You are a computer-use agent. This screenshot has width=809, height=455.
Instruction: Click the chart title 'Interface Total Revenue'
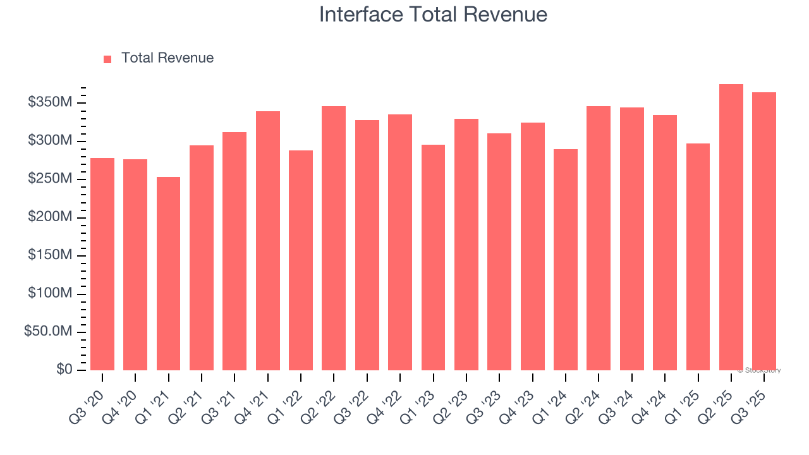(x=433, y=15)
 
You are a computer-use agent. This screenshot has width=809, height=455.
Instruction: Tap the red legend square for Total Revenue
(x=107, y=59)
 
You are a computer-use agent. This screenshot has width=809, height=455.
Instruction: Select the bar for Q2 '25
(x=731, y=227)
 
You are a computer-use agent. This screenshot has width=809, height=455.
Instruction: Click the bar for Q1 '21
(x=168, y=274)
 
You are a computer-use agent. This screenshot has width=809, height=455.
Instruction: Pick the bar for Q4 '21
(x=268, y=241)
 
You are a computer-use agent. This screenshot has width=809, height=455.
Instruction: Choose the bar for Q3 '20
(x=102, y=264)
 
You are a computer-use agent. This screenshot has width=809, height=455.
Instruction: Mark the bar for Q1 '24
(x=566, y=260)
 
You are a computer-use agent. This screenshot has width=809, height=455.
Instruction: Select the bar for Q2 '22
(x=334, y=238)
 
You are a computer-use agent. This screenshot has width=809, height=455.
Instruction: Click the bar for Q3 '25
(x=764, y=231)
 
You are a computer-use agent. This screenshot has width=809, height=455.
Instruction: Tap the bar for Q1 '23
(x=433, y=257)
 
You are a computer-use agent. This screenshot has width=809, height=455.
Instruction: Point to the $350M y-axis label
(x=50, y=102)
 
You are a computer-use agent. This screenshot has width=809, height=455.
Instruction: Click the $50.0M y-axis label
(x=48, y=332)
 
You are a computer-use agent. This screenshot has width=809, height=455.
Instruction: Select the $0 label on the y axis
(x=64, y=370)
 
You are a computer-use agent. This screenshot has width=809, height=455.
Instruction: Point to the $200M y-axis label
(x=50, y=217)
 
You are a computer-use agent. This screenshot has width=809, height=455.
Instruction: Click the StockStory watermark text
(x=759, y=370)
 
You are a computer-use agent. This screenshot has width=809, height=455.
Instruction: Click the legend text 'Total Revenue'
(x=167, y=58)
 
